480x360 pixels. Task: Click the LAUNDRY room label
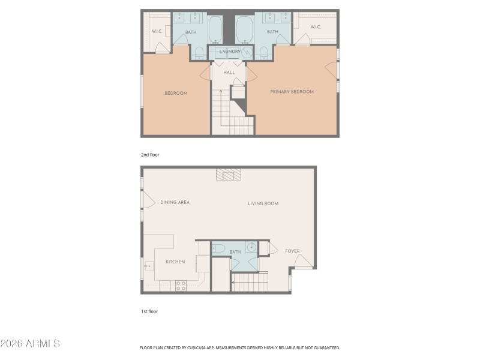(x=230, y=52)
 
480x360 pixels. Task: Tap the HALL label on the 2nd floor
(x=229, y=73)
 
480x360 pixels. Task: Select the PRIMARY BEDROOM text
(x=292, y=92)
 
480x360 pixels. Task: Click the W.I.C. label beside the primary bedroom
(x=316, y=28)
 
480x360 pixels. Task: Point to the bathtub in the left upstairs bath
(x=215, y=29)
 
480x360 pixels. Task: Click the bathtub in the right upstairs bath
(x=244, y=29)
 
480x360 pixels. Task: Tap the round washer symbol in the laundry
(x=247, y=52)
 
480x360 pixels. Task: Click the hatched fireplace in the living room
(x=228, y=174)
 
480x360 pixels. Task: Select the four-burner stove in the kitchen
(x=181, y=286)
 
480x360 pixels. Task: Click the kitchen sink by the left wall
(x=148, y=264)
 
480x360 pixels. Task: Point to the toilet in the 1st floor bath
(x=219, y=248)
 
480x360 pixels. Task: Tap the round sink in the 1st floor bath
(x=250, y=247)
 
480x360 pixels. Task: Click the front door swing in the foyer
(x=304, y=261)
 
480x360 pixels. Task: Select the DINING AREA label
(x=175, y=202)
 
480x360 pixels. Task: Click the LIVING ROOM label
(x=263, y=203)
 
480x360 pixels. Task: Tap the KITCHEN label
(x=175, y=262)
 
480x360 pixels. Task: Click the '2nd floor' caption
(x=150, y=155)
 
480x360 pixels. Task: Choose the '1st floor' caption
(x=149, y=311)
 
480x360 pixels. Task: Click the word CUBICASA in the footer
(x=205, y=347)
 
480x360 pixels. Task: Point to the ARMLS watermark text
(x=30, y=344)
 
